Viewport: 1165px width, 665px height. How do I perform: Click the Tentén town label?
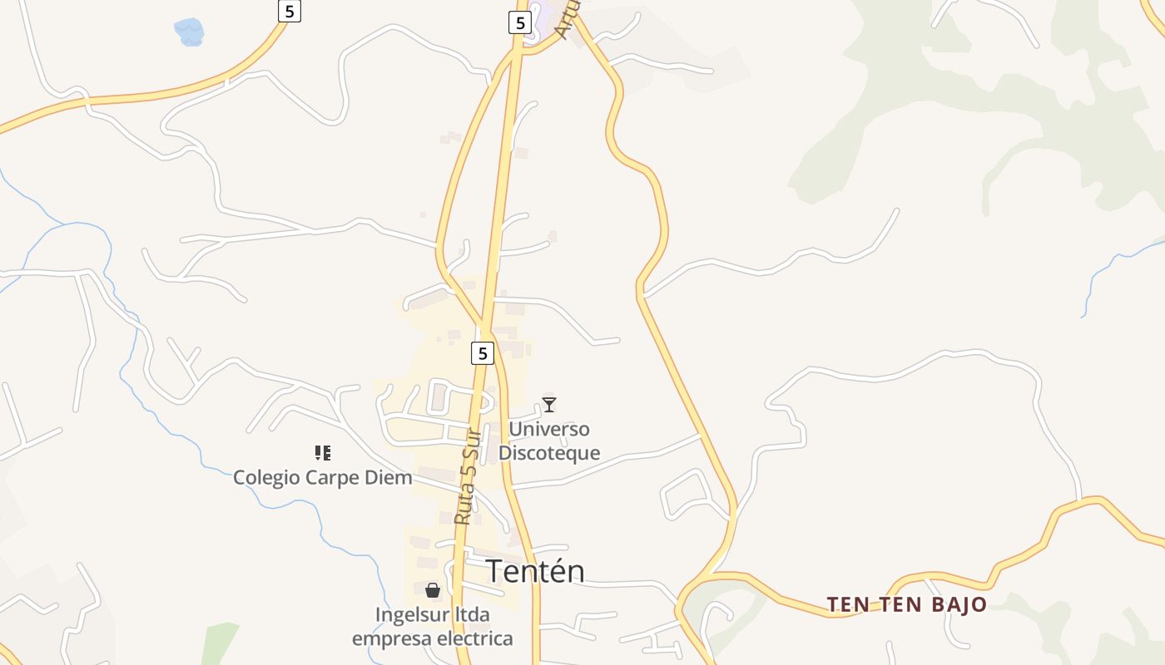[534, 571]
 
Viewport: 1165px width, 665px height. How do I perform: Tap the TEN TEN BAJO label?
[906, 604]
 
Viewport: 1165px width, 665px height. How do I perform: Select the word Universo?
[549, 430]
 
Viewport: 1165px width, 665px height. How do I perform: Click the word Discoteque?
[549, 453]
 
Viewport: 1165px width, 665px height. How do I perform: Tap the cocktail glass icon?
[549, 405]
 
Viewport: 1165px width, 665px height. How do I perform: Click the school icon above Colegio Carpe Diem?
[323, 453]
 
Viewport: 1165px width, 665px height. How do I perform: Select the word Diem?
[390, 478]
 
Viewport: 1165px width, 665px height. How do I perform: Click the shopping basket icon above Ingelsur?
[433, 590]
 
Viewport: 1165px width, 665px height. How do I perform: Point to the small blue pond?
[189, 32]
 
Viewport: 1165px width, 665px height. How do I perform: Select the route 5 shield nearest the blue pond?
[289, 11]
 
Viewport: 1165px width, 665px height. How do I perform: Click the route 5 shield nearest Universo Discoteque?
[483, 353]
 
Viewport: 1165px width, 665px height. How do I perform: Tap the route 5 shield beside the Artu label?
[520, 22]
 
